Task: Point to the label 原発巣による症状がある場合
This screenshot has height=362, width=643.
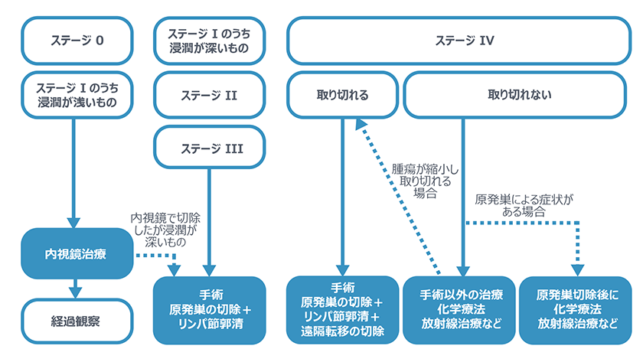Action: click(524, 204)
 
